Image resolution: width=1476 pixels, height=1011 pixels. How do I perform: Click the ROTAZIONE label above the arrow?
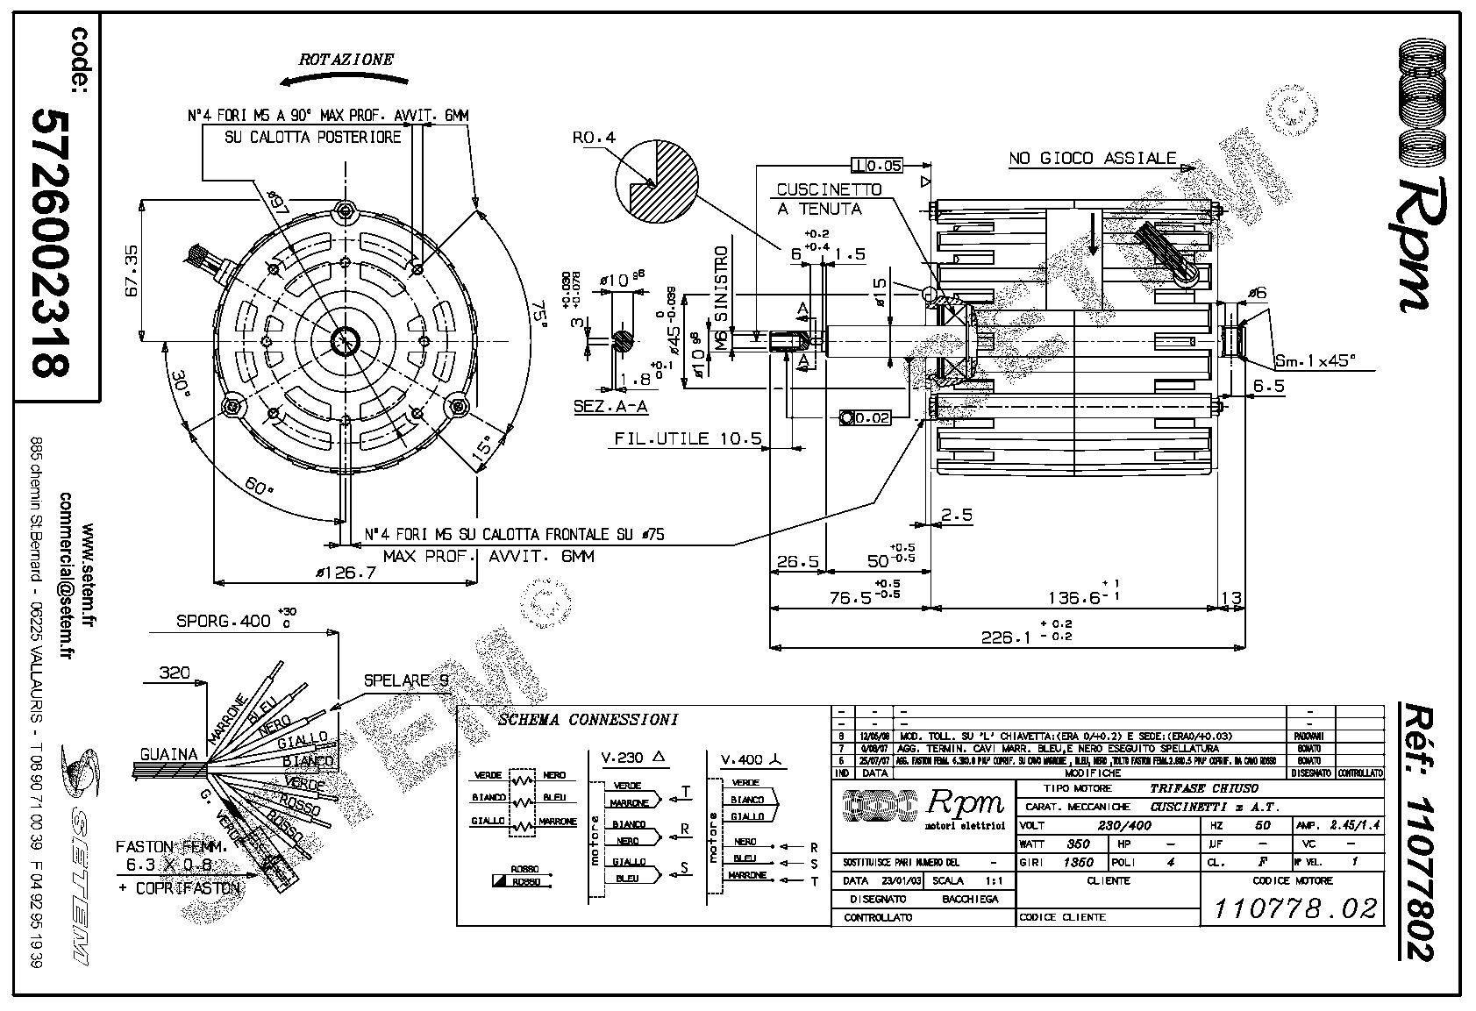point(346,60)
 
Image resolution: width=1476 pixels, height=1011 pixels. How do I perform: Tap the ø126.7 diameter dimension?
point(346,573)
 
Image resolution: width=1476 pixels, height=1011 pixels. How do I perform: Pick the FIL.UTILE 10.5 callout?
point(688,439)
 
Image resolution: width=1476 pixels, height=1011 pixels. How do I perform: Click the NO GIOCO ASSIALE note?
point(1092,159)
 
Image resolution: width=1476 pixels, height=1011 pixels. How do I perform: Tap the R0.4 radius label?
point(594,138)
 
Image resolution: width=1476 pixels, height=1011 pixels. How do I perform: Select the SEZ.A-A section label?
point(610,406)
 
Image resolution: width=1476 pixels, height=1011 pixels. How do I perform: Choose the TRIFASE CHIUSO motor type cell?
point(1204,788)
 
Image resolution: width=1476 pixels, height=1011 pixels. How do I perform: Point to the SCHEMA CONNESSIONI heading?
point(588,720)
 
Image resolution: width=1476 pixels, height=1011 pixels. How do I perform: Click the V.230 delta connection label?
point(632,758)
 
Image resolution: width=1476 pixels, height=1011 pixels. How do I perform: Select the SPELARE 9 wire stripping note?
point(407,680)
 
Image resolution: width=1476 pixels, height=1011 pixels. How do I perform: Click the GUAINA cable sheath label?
point(169,753)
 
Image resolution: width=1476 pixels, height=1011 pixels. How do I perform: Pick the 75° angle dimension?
point(538,314)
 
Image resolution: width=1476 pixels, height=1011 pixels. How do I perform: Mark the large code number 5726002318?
point(51,243)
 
